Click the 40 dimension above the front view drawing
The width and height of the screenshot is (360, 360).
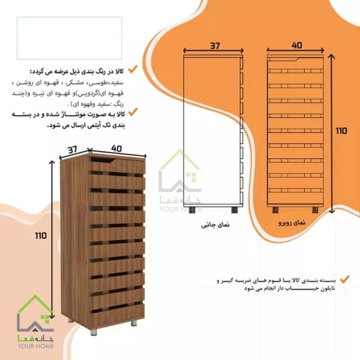click(x=297, y=45)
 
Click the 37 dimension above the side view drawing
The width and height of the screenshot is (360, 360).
click(x=215, y=46)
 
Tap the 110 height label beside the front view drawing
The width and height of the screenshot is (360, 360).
click(x=342, y=131)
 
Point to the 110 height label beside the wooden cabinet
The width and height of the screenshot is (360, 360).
click(x=41, y=236)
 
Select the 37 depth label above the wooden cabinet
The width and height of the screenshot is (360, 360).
click(x=73, y=150)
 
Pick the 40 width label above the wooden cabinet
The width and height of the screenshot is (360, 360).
click(x=117, y=148)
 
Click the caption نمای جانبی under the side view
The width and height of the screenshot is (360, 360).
click(x=215, y=225)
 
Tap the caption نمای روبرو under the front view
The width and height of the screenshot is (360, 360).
click(x=292, y=223)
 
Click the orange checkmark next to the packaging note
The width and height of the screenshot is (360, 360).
click(x=344, y=279)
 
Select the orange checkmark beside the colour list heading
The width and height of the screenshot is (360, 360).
click(x=133, y=69)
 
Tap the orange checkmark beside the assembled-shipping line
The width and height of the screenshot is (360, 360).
click(x=133, y=112)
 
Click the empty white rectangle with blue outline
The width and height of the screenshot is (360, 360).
click(x=69, y=38)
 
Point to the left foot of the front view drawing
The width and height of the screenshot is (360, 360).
click(x=276, y=210)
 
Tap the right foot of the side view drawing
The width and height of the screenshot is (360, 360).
click(x=234, y=210)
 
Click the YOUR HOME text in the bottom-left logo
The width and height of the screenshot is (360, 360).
click(x=36, y=346)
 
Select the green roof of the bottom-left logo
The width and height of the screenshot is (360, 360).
click(x=35, y=304)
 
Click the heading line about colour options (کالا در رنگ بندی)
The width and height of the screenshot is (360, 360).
click(x=77, y=71)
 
